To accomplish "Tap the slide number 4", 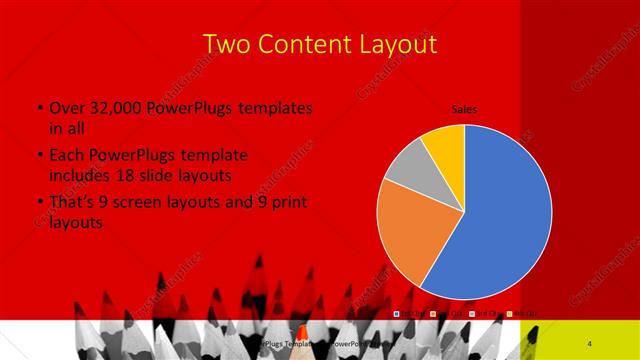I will click(590, 343).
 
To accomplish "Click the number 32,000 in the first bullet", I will click(116, 108).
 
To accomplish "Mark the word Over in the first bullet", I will click(66, 108).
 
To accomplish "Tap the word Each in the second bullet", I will click(67, 156).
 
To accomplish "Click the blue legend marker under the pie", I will click(397, 314).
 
